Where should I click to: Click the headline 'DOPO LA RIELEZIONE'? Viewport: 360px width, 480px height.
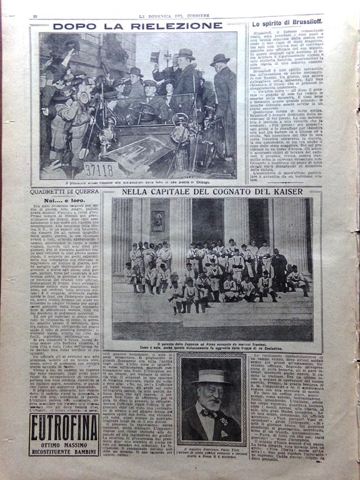click(x=137, y=26)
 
